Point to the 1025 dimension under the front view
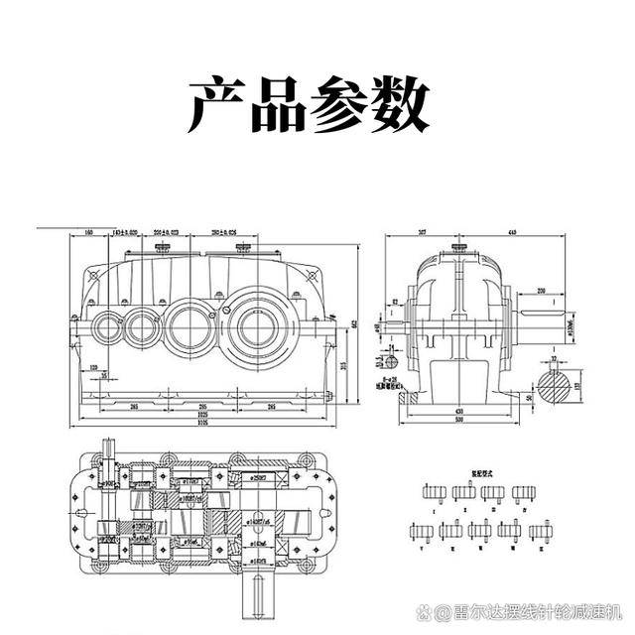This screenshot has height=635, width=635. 203,414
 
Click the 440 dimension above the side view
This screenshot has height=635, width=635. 513,232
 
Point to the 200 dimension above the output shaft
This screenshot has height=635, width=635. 542,291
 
